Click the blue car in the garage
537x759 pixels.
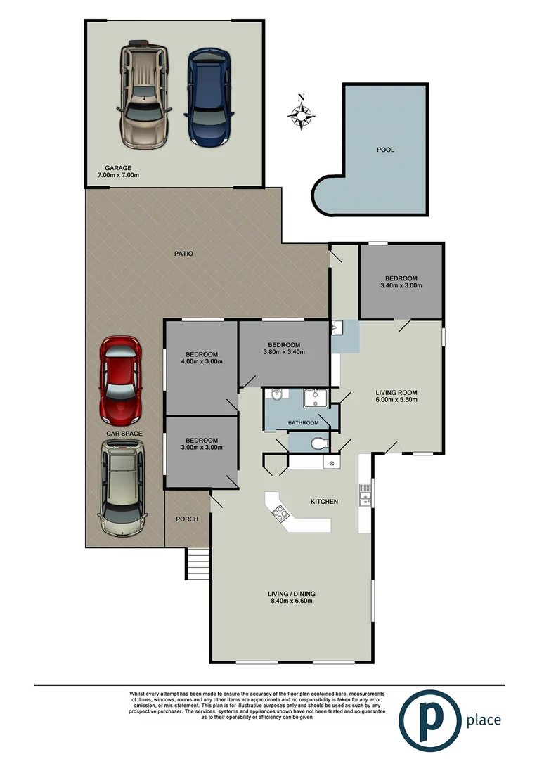click(x=208, y=97)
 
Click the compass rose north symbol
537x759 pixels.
click(x=302, y=114)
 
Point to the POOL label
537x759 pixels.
click(x=385, y=150)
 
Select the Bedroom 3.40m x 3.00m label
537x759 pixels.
click(x=401, y=282)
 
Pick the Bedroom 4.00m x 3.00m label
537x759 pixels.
click(x=202, y=358)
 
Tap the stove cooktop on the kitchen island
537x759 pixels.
click(x=281, y=513)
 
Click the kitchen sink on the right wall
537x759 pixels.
click(x=364, y=500)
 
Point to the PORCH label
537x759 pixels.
click(x=187, y=519)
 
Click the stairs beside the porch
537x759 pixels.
click(x=198, y=562)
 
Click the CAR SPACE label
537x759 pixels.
click(x=124, y=434)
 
